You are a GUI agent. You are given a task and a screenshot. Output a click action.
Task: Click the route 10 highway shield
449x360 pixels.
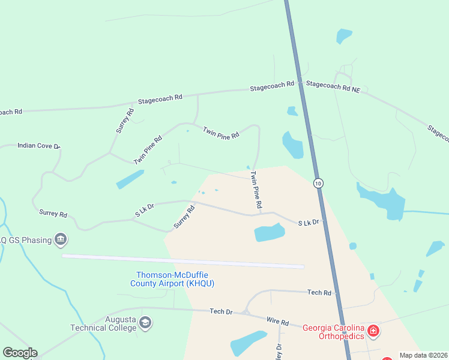click(318, 182)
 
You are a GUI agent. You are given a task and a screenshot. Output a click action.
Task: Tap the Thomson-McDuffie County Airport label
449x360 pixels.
click(172, 279)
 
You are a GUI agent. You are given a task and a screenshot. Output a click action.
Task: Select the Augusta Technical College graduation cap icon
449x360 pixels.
click(145, 323)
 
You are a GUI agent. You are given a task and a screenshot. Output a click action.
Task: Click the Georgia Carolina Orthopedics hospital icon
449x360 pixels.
click(373, 331)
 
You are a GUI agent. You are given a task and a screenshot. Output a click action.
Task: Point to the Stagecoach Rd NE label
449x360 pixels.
click(333, 86)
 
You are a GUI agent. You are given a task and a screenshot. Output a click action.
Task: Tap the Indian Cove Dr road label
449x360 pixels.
click(39, 145)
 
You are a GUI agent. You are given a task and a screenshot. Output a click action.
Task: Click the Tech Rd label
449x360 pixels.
click(319, 292)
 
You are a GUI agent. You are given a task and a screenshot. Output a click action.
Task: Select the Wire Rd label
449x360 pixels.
click(279, 322)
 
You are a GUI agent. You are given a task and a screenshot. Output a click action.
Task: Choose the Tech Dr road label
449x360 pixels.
click(221, 311)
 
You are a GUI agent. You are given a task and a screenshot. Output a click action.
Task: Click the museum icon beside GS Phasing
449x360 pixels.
click(60, 240)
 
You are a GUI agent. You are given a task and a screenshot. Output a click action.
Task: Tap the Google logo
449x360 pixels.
click(20, 353)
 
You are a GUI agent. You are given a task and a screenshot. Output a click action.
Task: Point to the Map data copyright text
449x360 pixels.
click(423, 355)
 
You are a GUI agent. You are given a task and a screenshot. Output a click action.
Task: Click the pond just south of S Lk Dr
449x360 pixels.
click(268, 232)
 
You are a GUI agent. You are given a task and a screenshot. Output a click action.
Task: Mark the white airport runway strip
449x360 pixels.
click(183, 261)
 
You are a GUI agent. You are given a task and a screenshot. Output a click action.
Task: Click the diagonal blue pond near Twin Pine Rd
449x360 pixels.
click(130, 179)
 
